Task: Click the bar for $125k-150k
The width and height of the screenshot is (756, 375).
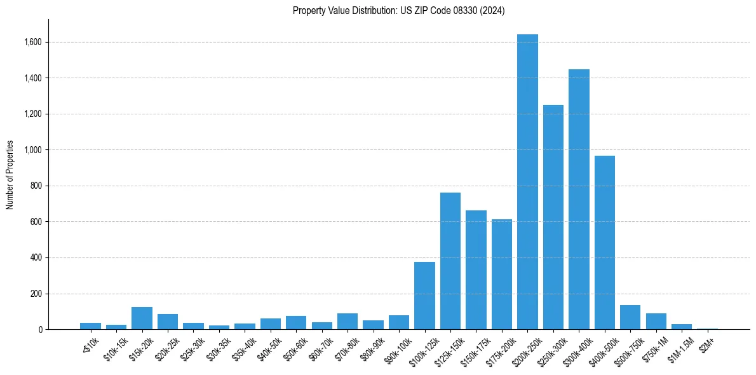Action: coord(450,261)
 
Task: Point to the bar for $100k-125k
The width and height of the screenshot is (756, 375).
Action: coord(424,296)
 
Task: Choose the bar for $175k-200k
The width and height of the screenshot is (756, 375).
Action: coord(502,274)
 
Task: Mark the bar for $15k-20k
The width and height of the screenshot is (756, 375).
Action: coord(142,318)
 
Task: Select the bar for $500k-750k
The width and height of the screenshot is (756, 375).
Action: coord(630,317)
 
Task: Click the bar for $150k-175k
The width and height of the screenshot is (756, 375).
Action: coord(476,269)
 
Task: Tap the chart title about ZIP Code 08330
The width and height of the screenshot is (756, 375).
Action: coord(399,11)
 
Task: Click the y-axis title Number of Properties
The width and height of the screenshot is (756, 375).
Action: coord(10,174)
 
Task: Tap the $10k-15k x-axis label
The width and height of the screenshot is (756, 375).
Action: coord(116,347)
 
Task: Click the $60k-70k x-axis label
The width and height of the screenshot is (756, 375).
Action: coord(321,347)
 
